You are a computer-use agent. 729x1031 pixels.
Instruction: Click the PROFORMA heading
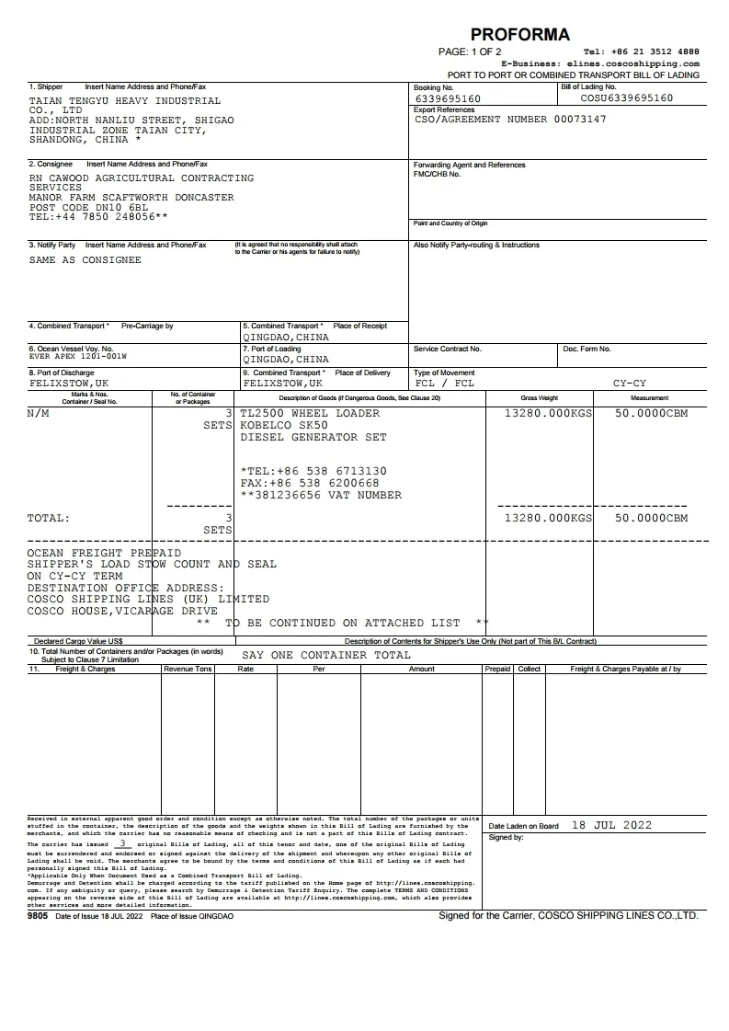[519, 35]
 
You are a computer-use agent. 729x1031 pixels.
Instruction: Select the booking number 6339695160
[448, 98]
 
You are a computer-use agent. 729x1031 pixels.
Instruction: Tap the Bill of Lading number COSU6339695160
[626, 97]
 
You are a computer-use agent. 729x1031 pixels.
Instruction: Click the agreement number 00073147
[580, 120]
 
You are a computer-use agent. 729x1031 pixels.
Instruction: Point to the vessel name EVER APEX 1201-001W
[78, 356]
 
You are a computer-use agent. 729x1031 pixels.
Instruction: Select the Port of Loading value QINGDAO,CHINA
[286, 360]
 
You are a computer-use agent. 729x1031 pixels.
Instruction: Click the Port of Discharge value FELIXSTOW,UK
[69, 383]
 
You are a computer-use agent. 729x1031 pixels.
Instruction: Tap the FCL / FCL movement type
[445, 383]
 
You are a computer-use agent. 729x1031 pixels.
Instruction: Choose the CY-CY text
[630, 383]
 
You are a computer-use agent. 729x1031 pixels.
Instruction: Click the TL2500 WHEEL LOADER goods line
[310, 413]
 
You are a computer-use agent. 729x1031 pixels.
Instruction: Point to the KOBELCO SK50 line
[284, 426]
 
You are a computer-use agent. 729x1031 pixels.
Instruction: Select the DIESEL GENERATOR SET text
[313, 438]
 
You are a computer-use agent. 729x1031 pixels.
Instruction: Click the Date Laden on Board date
[611, 825]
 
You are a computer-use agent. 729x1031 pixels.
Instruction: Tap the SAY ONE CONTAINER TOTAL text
[326, 655]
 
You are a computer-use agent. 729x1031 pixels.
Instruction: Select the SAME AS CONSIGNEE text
[85, 260]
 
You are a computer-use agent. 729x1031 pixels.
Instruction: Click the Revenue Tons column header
[188, 669]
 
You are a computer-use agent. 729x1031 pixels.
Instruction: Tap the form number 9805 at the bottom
[40, 916]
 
